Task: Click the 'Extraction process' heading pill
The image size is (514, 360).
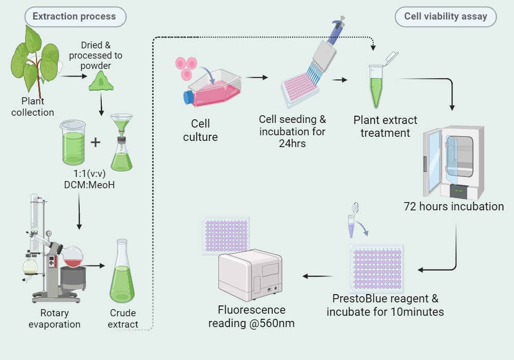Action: click(x=74, y=16)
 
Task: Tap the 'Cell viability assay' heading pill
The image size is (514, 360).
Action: click(x=445, y=16)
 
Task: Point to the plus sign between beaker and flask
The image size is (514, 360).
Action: click(x=96, y=141)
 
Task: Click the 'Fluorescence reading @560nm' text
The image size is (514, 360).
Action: click(x=251, y=316)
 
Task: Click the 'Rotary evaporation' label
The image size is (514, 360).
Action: click(x=54, y=318)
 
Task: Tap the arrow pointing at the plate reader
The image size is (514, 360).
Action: click(x=318, y=276)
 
